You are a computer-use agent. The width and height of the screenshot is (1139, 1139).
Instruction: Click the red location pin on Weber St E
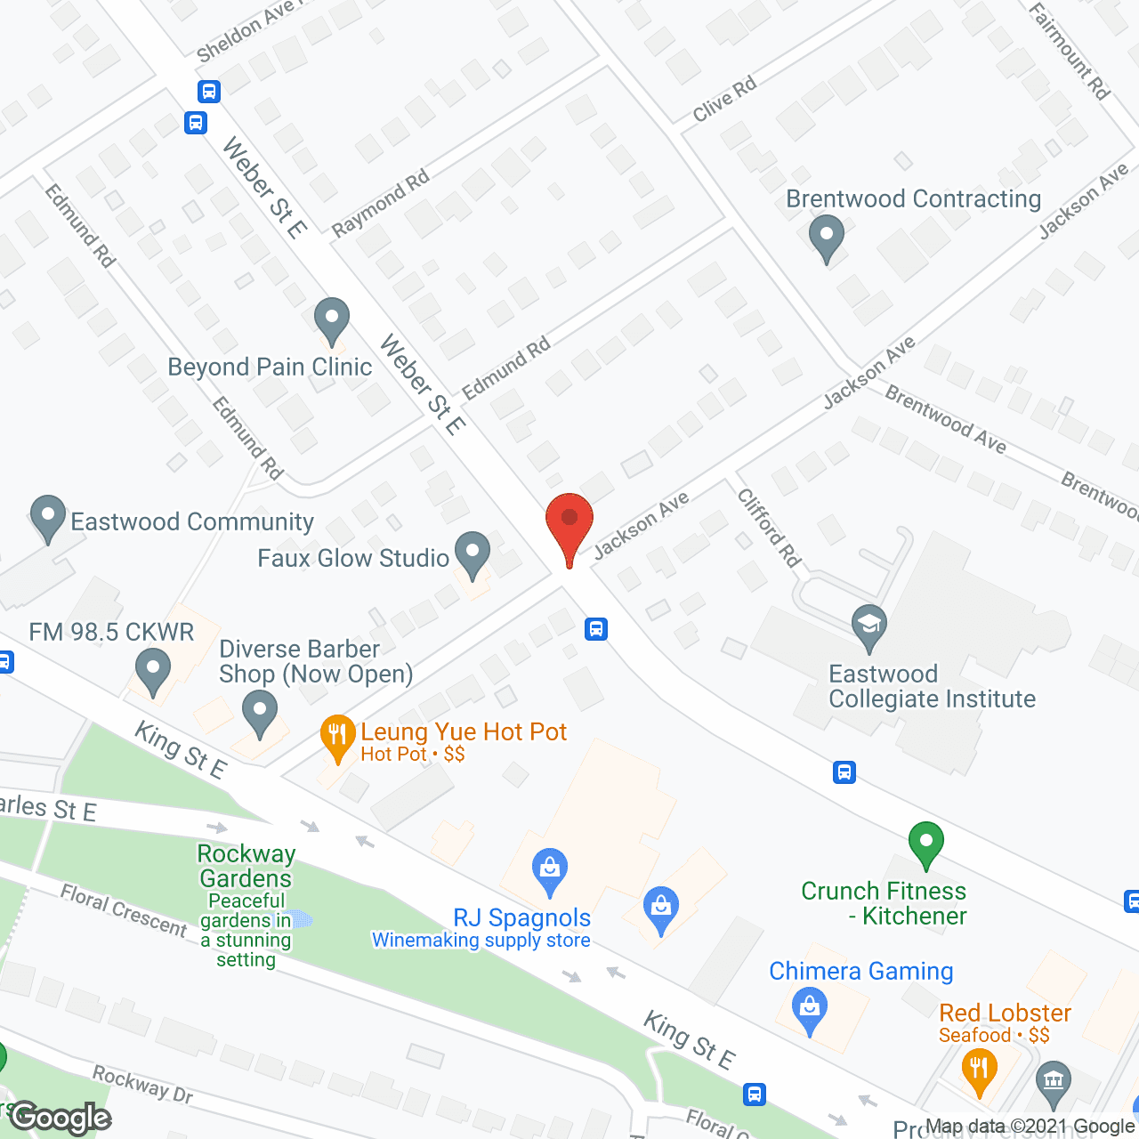coord(569,524)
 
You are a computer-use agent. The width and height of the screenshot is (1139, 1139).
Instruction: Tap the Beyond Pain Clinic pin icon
coord(332,319)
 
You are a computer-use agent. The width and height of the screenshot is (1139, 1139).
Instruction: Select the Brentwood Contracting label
coord(913,199)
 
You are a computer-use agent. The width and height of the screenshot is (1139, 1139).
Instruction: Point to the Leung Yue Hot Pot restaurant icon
coord(337,736)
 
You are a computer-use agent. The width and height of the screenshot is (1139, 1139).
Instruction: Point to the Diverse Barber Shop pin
coord(260,715)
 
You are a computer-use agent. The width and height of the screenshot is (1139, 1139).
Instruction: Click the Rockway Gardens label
coord(246,866)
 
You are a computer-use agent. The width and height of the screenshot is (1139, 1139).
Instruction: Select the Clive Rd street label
coord(725,99)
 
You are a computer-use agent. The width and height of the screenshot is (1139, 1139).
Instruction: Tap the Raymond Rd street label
coord(380,204)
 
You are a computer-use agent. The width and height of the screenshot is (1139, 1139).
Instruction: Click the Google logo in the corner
coord(61,1118)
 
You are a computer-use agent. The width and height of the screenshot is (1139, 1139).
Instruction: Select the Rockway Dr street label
coord(142,1085)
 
